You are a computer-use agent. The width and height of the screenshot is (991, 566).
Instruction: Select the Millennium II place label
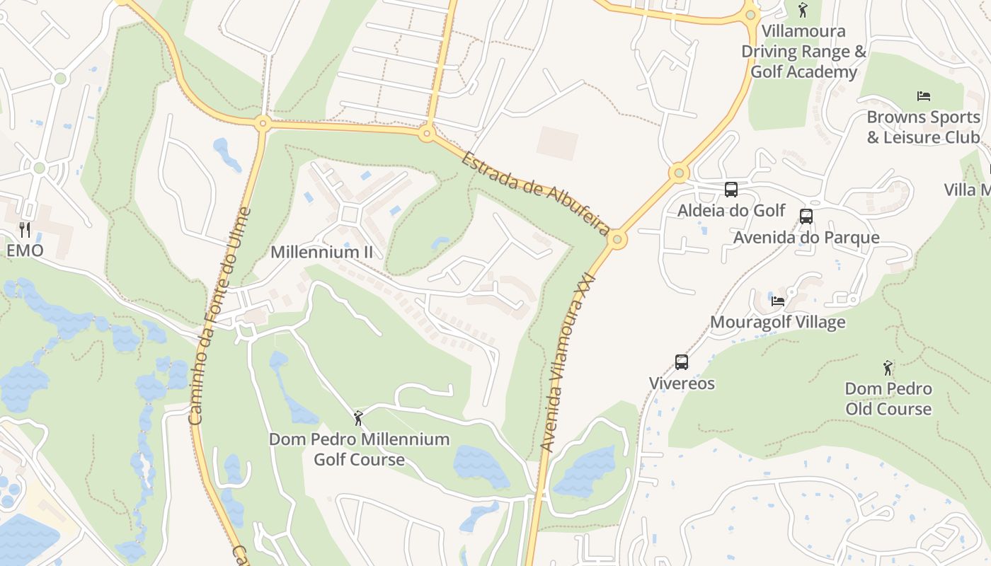[x=321, y=252]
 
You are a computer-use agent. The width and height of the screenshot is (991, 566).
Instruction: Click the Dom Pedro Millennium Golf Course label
[x=359, y=449]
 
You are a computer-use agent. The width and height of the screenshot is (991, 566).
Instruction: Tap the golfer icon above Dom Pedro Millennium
[x=358, y=418]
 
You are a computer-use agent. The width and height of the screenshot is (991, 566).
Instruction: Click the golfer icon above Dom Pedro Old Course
[x=888, y=368]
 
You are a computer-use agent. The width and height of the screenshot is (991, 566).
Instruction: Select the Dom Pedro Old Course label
[x=888, y=398]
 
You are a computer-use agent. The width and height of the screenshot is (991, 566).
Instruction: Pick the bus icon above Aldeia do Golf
[x=731, y=190]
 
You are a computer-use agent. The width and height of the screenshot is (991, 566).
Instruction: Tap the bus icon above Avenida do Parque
[x=806, y=216]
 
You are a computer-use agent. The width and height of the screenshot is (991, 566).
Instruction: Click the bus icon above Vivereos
[x=682, y=362]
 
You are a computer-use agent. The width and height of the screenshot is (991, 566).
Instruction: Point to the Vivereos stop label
[x=682, y=383]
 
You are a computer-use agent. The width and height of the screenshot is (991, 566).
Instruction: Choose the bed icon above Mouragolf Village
[x=778, y=301]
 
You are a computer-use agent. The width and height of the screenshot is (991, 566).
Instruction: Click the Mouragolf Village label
[x=777, y=323]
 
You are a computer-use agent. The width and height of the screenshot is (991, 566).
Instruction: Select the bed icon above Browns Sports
[x=924, y=96]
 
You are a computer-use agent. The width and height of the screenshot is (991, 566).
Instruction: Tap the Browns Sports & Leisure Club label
[x=924, y=127]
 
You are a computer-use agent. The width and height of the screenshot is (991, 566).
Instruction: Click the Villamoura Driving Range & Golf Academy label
[x=803, y=52]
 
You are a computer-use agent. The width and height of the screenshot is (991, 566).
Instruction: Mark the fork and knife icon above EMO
[x=25, y=229]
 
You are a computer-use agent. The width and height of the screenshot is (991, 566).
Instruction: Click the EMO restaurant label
[x=25, y=250]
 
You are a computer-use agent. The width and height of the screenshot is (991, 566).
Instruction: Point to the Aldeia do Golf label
[x=731, y=210]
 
